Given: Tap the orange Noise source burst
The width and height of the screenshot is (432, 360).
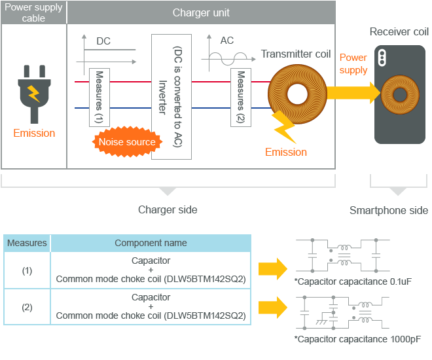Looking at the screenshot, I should coord(127,142).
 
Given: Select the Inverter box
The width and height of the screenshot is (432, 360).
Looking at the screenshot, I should coord(171,97).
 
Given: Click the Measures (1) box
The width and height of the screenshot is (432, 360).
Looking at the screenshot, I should coord(99,97).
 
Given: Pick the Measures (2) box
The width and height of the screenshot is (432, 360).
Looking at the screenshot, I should coord(241,98).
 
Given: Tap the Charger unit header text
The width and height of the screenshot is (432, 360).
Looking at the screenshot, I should coord(201,13).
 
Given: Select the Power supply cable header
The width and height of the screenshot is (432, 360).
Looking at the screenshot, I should coord(33,13).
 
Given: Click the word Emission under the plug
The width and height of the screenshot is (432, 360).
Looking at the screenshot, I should coord(34,134).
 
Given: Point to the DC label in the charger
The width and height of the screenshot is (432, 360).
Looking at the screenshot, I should coord(103,41).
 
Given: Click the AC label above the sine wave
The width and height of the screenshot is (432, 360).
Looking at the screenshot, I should coord(227,41).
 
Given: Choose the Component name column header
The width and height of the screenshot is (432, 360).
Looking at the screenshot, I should coord(151,243).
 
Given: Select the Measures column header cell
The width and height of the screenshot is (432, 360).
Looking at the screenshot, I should coord(27,243).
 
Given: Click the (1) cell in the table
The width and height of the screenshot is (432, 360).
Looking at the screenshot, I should coord(27,270).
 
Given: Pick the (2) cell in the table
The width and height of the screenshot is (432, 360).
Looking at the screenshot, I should coord(27,307).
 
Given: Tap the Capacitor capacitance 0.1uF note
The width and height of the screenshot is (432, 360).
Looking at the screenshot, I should coord(353,282).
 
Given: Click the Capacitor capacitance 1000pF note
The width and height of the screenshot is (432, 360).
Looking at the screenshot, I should coord(357,339).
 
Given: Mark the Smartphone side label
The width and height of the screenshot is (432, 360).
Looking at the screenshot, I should coord(389,210).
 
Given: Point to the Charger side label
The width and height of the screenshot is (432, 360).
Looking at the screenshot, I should coord(168,210).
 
